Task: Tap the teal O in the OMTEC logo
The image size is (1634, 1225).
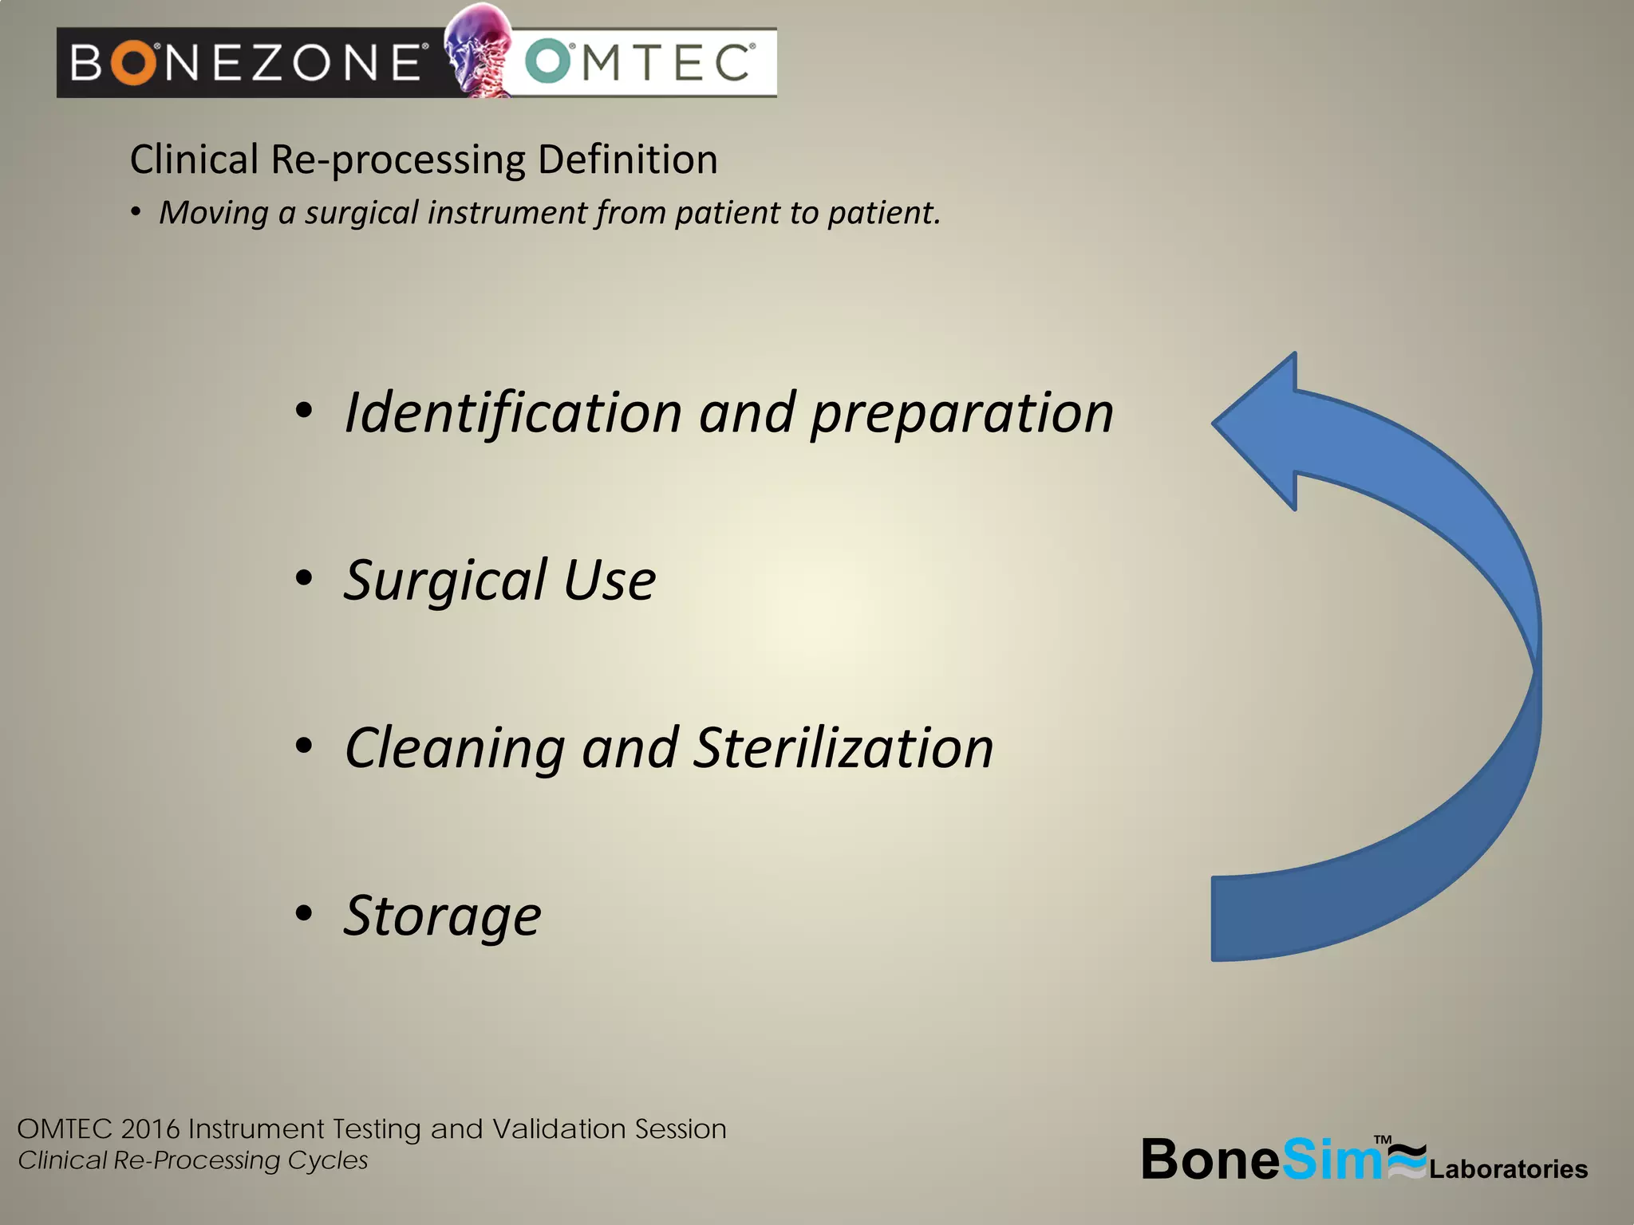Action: tap(550, 62)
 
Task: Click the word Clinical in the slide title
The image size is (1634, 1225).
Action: tap(194, 160)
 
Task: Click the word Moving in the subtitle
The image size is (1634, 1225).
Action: tap(214, 213)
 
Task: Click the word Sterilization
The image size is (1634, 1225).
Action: tap(843, 748)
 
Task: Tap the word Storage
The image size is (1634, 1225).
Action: tap(442, 916)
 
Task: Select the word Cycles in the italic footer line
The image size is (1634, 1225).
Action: tap(328, 1160)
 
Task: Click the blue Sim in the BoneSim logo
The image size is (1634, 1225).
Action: tap(1332, 1159)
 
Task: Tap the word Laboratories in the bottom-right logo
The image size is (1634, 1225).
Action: tap(1508, 1169)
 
